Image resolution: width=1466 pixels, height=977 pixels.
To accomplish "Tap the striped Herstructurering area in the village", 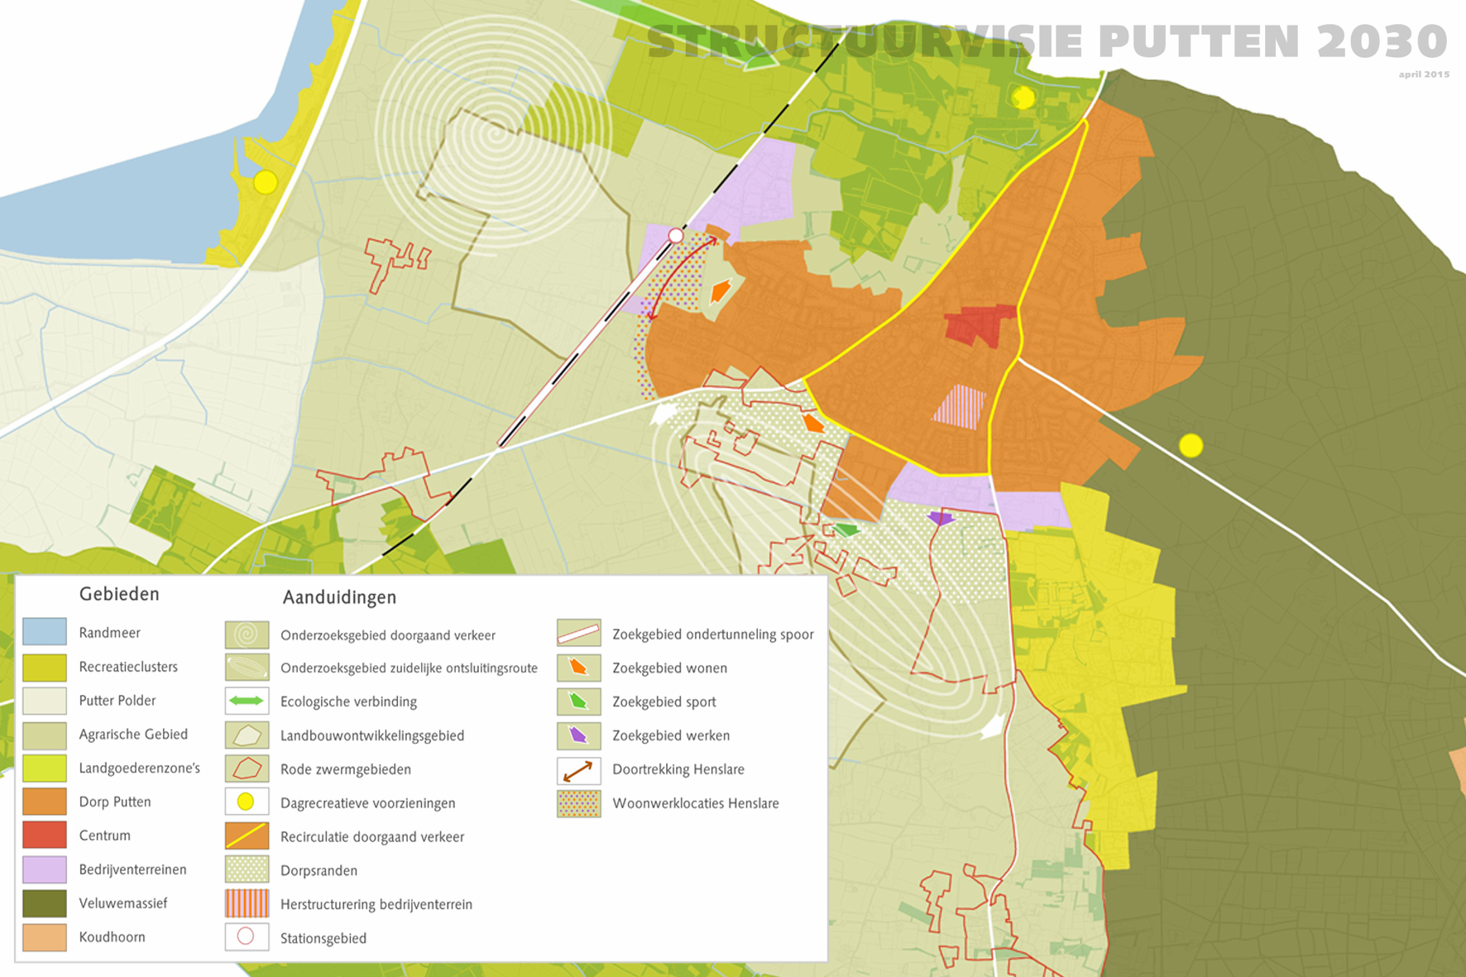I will point(960,407).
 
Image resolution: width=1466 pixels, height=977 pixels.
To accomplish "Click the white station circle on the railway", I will point(676,236).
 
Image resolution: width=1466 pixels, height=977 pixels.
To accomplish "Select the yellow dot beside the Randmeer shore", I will point(266,182).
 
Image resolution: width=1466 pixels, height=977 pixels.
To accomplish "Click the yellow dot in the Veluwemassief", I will point(1191,446).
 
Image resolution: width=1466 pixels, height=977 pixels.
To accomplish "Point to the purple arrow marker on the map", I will point(941,519).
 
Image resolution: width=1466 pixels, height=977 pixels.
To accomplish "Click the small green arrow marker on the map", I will point(846,529).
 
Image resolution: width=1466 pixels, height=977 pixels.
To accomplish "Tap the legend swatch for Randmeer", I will point(45,632).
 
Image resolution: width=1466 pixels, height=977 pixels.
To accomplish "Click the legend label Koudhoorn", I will point(112,937).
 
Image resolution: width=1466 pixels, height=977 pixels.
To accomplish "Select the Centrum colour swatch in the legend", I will point(45,836).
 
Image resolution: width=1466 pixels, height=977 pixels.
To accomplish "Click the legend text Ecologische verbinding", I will point(348,702).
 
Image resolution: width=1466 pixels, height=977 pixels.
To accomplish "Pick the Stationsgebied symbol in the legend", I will point(247,937).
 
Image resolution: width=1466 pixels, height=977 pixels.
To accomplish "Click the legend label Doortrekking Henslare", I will point(678,769).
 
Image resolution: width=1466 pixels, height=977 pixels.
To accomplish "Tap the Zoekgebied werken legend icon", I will point(578,735).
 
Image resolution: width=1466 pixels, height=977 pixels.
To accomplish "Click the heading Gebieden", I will point(119,594).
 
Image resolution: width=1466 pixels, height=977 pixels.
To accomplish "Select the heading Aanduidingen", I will point(339,597).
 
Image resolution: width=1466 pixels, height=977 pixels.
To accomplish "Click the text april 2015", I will point(1424,74).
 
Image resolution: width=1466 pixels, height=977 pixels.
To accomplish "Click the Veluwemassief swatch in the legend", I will point(45,903).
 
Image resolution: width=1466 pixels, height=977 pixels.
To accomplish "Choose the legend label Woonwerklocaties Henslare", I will point(696,803).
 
